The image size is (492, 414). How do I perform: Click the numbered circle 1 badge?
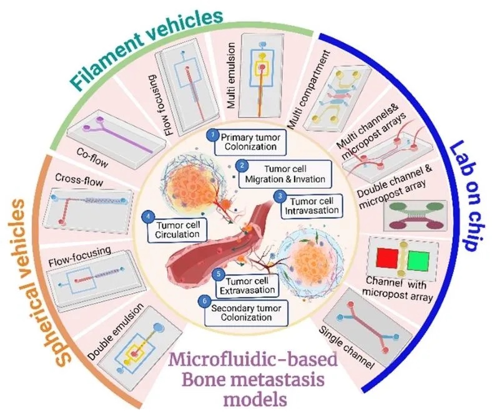(212, 134)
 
